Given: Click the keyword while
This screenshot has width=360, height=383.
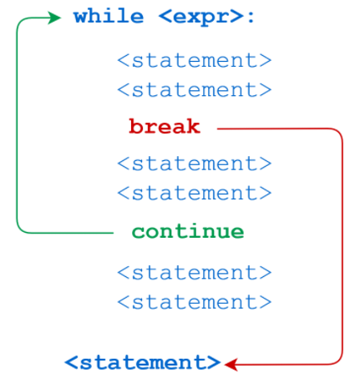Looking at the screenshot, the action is point(109,16).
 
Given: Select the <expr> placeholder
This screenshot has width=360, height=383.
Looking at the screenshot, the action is point(201,18).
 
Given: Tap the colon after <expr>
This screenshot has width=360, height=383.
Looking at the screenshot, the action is point(251,18).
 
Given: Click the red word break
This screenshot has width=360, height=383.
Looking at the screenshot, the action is point(165,126).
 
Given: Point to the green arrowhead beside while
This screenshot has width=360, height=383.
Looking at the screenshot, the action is point(54,18).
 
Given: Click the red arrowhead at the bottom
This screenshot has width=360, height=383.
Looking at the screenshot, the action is point(231,364).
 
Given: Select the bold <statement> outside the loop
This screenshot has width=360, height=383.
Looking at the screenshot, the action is point(143,362).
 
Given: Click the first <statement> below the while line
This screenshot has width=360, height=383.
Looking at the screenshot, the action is point(194,60).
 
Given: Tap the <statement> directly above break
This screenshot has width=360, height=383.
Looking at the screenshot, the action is point(194,89).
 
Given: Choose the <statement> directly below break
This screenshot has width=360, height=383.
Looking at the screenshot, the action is point(194,164).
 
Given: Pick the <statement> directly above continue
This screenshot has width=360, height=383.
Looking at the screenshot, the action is point(194,193).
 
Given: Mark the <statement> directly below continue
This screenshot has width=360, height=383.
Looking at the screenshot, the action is point(194,272).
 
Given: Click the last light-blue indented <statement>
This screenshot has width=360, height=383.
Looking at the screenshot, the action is point(194,302).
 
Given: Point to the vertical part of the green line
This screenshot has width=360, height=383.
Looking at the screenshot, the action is point(17,125).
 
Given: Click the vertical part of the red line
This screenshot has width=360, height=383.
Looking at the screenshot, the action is point(342,246).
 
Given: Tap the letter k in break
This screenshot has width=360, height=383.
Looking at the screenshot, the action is point(193,126).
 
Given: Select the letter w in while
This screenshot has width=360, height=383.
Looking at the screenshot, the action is point(81,18).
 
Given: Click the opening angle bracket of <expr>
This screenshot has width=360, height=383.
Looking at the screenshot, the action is point(165,18).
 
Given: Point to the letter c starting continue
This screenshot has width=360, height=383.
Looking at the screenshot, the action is point(138,233).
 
